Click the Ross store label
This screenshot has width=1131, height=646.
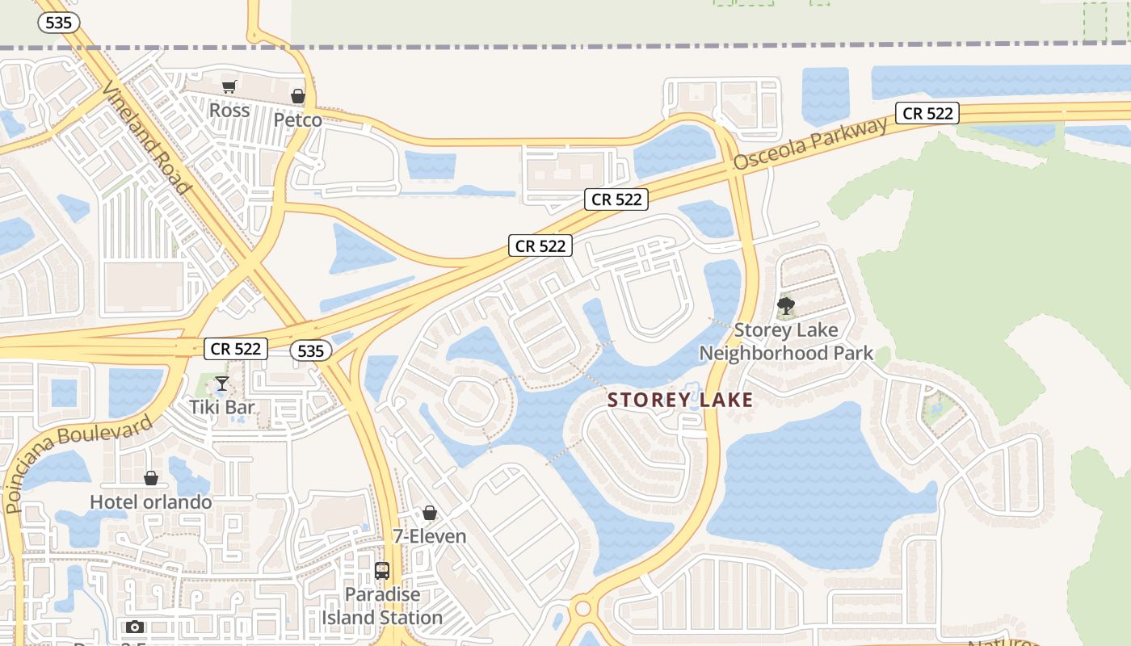pyautogui.click(x=229, y=110)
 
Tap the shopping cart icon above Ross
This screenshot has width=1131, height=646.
pyautogui.click(x=229, y=86)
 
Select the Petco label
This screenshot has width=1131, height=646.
pyautogui.click(x=297, y=120)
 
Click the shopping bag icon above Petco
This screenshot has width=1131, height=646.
pyautogui.click(x=298, y=96)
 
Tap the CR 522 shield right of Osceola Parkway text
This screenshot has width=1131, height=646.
pyautogui.click(x=927, y=113)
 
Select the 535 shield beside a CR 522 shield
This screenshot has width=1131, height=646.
pyautogui.click(x=310, y=350)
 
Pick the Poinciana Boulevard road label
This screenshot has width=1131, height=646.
pyautogui.click(x=78, y=464)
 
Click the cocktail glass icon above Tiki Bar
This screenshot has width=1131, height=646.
pyautogui.click(x=222, y=383)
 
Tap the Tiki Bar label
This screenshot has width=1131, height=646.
pyautogui.click(x=222, y=407)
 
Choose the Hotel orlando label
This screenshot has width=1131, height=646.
pyautogui.click(x=150, y=501)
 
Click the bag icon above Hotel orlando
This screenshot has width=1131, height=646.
pyautogui.click(x=150, y=478)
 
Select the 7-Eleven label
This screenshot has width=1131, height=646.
pyautogui.click(x=430, y=536)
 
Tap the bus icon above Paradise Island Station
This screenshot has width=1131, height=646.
pyautogui.click(x=382, y=571)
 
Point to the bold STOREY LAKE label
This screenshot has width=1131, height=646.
pyautogui.click(x=680, y=400)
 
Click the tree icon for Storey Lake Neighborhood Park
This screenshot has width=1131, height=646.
pyautogui.click(x=785, y=306)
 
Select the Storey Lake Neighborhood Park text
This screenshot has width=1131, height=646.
pyautogui.click(x=786, y=342)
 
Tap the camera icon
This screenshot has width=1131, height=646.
pyautogui.click(x=135, y=627)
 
